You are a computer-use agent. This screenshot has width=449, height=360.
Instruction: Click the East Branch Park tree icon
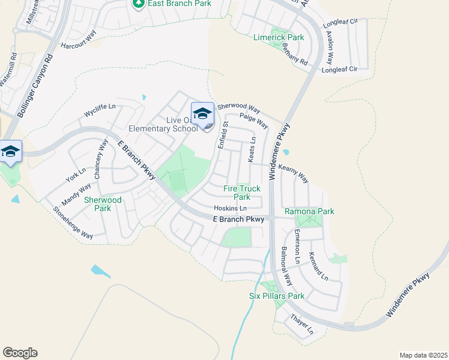(x=139, y=4)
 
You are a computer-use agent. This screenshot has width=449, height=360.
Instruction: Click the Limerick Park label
(x=279, y=37)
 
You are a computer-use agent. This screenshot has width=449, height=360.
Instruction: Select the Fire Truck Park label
(x=242, y=193)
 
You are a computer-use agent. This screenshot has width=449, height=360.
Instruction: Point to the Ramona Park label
(x=309, y=211)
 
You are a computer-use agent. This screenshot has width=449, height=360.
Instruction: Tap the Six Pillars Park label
(x=277, y=296)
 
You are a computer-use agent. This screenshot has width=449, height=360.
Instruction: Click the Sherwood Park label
(x=103, y=204)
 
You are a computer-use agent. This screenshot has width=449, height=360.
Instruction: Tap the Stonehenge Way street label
(x=73, y=223)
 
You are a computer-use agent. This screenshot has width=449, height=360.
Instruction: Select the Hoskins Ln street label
(x=231, y=208)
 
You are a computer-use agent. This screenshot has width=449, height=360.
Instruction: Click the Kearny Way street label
(x=294, y=174)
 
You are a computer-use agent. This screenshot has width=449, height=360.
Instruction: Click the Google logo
(x=20, y=353)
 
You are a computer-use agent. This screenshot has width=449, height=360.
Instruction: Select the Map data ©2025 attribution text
(x=423, y=355)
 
